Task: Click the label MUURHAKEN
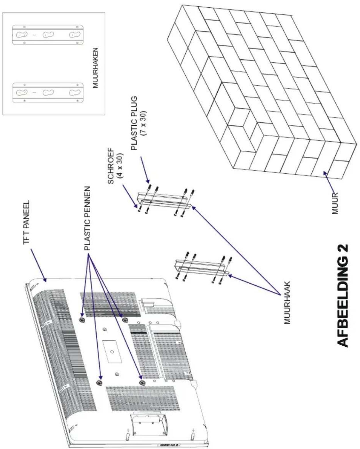[95, 68]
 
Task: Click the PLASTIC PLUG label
[135, 123]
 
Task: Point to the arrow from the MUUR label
[329, 182]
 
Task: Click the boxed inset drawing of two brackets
[54, 63]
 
